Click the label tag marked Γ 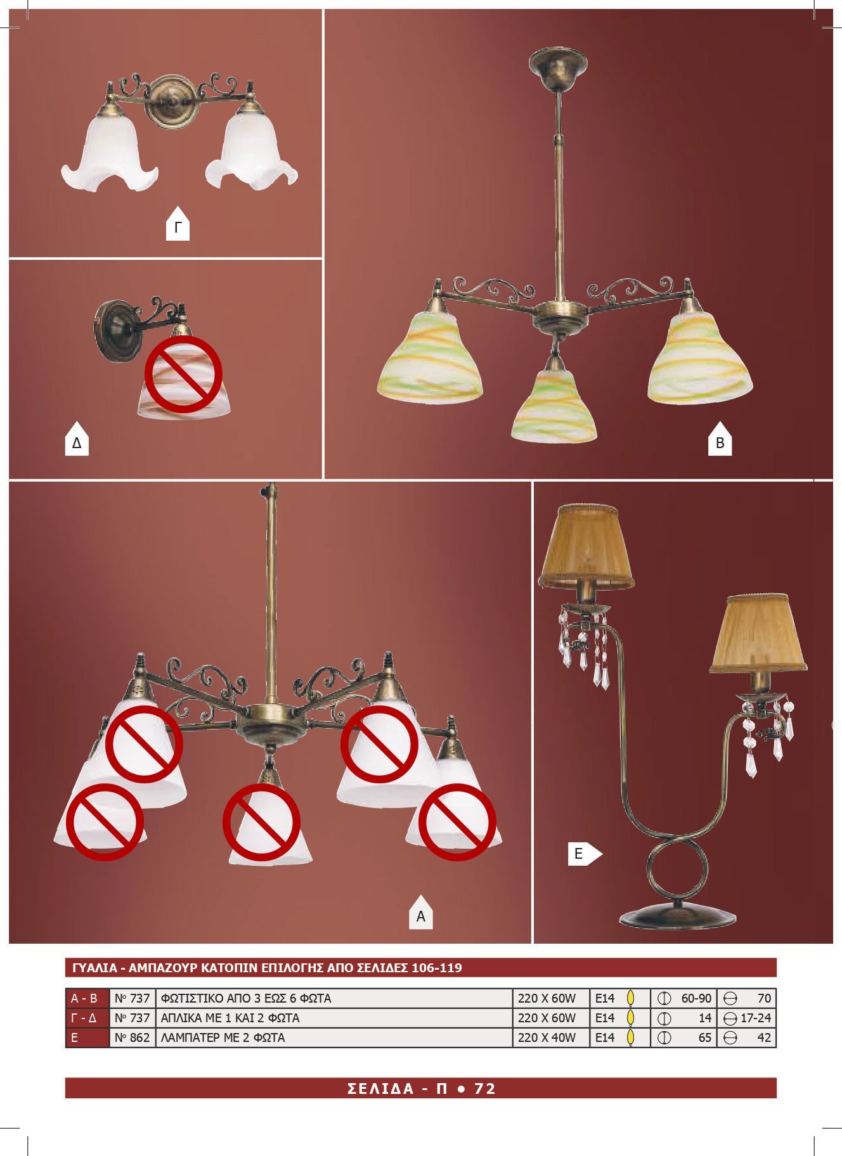(x=178, y=224)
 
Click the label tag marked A (x=421, y=913)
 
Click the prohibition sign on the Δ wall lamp (x=183, y=375)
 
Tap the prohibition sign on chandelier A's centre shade (x=261, y=822)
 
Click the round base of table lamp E (x=678, y=916)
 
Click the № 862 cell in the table (x=133, y=1037)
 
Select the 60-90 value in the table (x=696, y=998)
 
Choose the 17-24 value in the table (x=756, y=1018)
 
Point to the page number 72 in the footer (x=485, y=1088)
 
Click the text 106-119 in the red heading (x=437, y=968)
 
